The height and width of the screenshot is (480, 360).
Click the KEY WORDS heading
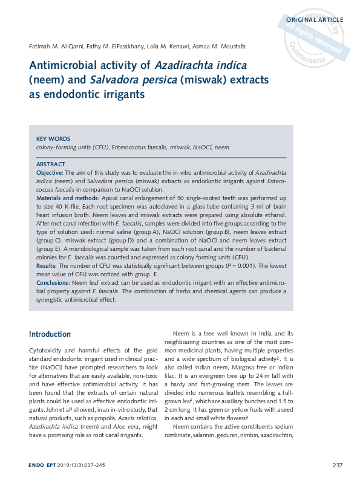tap(53, 138)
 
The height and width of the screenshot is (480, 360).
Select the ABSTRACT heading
tap(51, 164)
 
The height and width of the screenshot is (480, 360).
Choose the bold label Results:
tap(47, 265)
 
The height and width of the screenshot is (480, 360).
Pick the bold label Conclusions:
tap(53, 282)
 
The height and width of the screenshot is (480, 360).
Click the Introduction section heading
tap(50, 334)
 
